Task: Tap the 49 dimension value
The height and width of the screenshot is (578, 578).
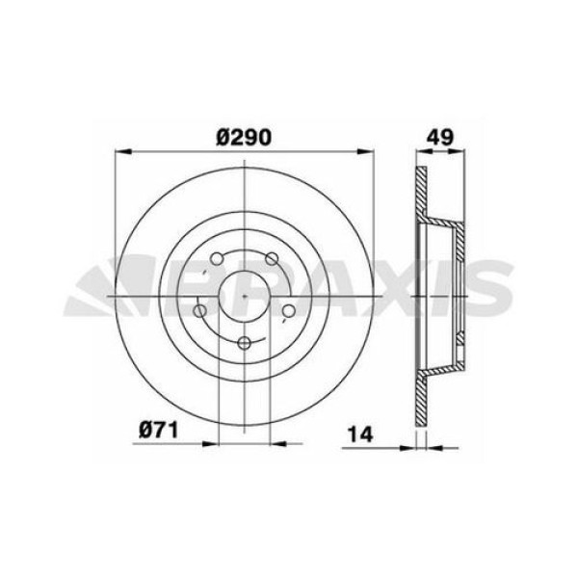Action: tap(441, 137)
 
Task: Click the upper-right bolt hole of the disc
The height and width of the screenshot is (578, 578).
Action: tap(271, 257)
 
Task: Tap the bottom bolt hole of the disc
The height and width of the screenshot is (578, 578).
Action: tap(245, 343)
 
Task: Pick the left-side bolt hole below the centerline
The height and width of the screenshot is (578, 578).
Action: tap(200, 310)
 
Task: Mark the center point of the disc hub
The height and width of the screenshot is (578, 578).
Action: tap(245, 295)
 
